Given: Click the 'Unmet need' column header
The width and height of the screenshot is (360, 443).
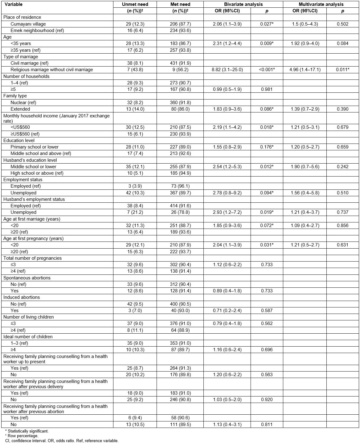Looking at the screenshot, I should tap(135, 4).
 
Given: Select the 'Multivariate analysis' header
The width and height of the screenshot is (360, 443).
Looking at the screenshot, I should tap(321, 4).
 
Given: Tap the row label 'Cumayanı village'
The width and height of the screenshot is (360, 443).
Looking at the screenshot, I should tap(28, 24).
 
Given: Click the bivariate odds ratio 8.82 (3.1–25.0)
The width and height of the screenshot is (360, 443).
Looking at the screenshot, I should tap(227, 70).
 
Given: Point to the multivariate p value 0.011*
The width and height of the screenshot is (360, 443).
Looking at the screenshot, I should tap(342, 70).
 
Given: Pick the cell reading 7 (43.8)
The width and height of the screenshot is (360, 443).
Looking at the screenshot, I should tap(135, 70).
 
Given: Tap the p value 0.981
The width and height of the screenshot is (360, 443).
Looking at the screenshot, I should tap(267, 89).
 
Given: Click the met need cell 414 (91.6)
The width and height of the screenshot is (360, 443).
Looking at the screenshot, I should tap(180, 206).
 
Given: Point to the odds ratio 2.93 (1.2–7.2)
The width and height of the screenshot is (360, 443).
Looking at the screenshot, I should tap(227, 212).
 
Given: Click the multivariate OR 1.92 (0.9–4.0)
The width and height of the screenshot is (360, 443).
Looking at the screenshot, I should tap(305, 43).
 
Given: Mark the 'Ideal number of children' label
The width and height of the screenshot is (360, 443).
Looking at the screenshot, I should tap(28, 337).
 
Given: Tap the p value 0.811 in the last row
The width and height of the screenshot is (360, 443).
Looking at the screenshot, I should tap(267, 425).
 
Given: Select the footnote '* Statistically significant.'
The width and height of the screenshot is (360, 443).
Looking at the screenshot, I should tap(27, 431).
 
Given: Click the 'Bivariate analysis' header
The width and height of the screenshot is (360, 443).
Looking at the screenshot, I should tap(243, 4).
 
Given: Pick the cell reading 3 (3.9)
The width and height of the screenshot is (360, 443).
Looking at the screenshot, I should tap(135, 186).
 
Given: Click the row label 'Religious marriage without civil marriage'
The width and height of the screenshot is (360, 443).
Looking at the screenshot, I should tap(52, 70).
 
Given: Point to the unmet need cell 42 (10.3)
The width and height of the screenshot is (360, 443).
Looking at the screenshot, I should tap(135, 193).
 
